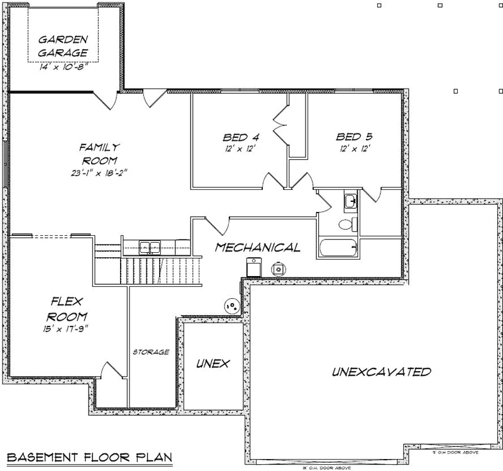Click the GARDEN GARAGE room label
coord(63,45)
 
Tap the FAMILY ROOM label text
coord(99,153)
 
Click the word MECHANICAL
coord(257,247)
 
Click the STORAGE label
coord(151,352)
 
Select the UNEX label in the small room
coord(212,364)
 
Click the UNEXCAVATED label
coord(381,372)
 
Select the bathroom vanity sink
coord(351,202)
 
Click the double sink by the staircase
coord(150,247)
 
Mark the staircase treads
coord(160,270)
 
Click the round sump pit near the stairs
coord(232,306)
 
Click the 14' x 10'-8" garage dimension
coord(63,66)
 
